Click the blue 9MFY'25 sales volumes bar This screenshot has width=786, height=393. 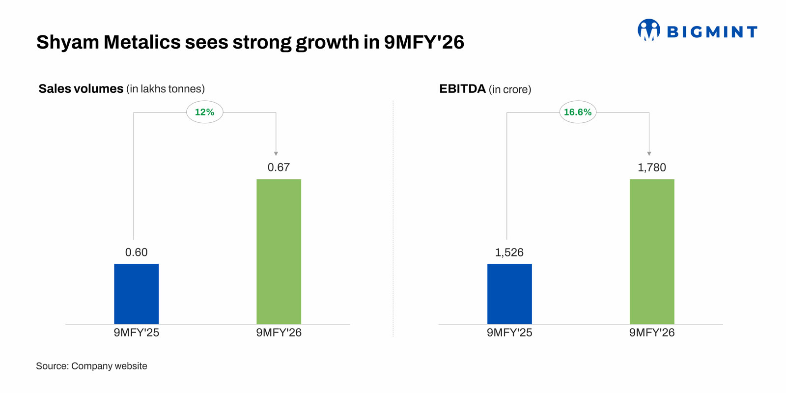[136, 294]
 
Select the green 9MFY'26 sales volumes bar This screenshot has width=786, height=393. [279, 252]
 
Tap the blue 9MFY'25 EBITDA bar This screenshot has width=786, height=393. [509, 294]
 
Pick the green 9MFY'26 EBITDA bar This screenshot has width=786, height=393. [652, 252]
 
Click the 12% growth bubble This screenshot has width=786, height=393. [204, 112]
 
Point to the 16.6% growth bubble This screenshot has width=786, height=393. [578, 112]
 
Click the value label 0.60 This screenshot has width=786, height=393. [136, 253]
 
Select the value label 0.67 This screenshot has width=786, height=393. [279, 168]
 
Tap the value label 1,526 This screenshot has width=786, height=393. [509, 253]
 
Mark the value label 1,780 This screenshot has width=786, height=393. [652, 168]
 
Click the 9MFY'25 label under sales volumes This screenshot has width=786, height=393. [136, 333]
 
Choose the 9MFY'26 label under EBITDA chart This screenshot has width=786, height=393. [652, 333]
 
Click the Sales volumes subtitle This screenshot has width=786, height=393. [81, 89]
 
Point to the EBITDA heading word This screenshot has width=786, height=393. [462, 89]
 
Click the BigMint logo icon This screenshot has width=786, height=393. [648, 30]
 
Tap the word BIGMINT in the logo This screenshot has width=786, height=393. [712, 32]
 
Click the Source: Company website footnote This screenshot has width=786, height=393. [91, 366]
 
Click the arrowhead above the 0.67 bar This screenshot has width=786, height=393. [276, 154]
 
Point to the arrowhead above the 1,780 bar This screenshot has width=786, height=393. [649, 154]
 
